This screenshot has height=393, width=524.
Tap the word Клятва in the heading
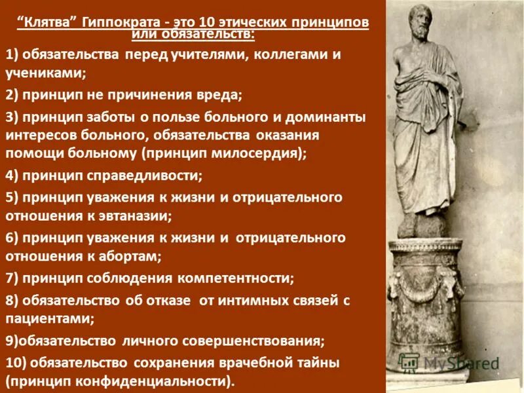[x=52, y=22]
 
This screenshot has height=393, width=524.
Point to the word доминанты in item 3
[x=327, y=118]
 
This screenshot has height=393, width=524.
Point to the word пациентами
[x=49, y=319]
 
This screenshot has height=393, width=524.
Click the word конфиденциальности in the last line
[x=154, y=381]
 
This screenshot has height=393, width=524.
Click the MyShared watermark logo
[x=452, y=362]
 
